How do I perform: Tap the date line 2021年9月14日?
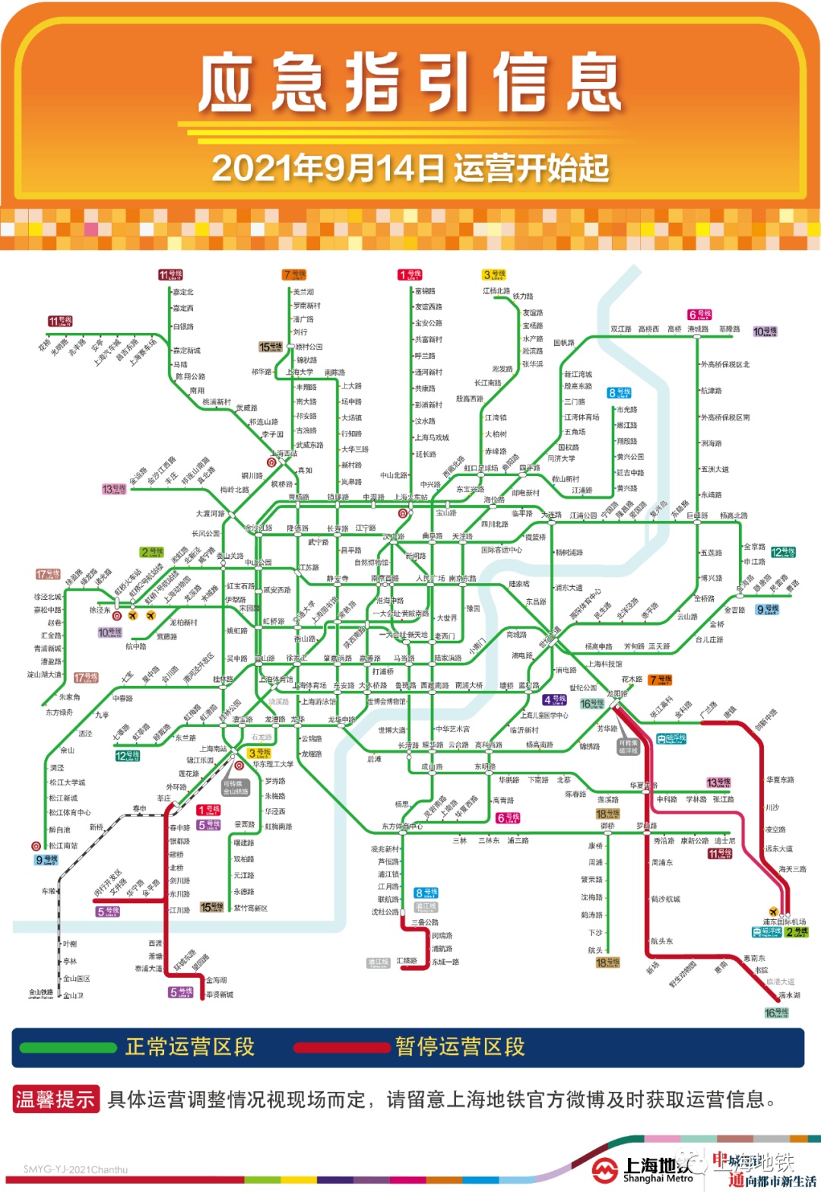410,168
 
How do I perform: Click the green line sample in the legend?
68,1048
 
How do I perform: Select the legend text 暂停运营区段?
460,1047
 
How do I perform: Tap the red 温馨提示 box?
55,1099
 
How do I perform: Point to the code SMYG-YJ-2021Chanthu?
75,1169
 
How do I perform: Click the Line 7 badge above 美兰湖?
293,275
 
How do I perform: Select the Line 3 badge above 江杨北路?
494,274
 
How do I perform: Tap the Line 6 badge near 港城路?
699,315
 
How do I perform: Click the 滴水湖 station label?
789,994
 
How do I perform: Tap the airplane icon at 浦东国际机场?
774,912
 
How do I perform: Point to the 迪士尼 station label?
724,841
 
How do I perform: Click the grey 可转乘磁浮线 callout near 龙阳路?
628,747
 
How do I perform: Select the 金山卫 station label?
73,995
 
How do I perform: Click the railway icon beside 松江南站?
36,845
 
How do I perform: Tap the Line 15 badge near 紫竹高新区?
211,907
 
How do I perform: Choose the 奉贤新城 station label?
220,994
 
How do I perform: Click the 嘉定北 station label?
183,292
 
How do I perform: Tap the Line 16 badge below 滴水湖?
776,1013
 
